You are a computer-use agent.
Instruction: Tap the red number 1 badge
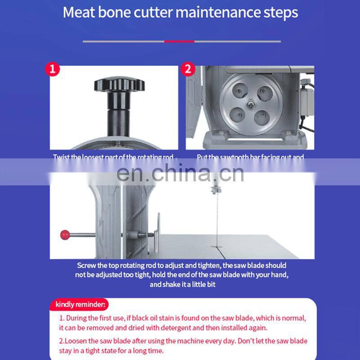point(53,69)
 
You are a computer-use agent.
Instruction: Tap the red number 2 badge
point(188,69)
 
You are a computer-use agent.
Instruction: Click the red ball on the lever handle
point(64,234)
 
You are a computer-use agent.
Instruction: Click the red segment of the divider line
point(179,41)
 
